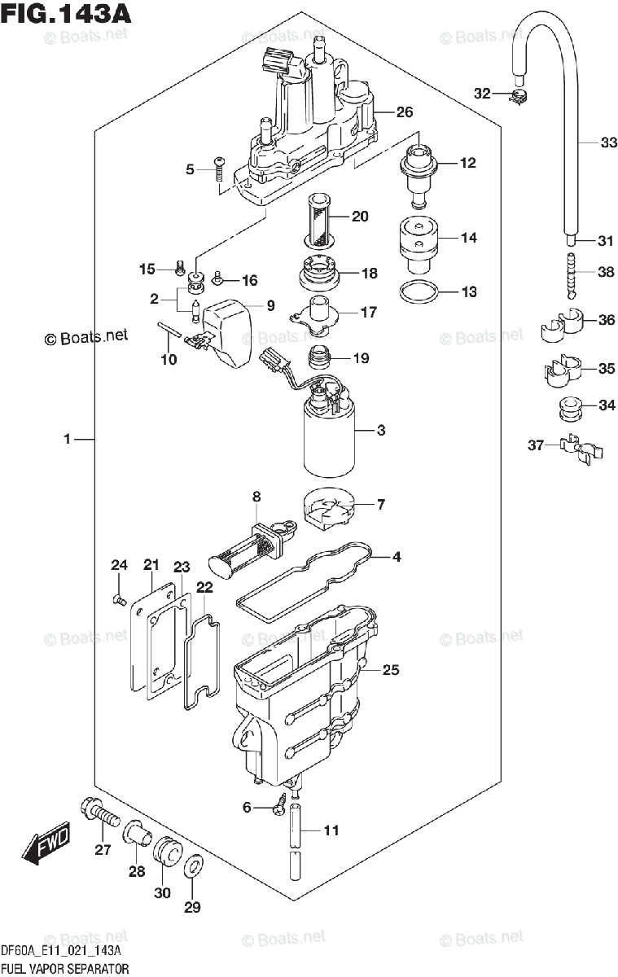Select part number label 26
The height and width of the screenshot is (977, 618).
405,112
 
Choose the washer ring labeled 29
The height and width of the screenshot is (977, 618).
192,868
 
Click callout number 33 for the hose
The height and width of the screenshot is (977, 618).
586,143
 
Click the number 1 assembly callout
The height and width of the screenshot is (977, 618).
68,440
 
